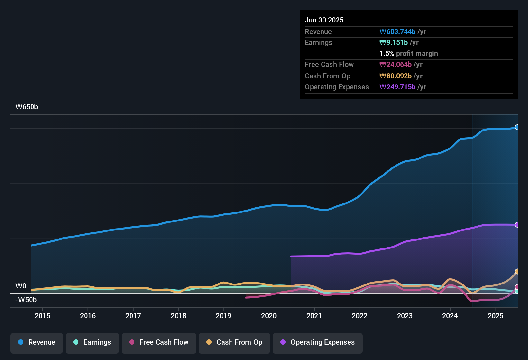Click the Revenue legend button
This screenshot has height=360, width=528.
[37, 342]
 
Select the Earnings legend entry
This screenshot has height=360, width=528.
[92, 342]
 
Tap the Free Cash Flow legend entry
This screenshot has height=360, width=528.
[159, 342]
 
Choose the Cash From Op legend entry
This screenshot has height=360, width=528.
[234, 342]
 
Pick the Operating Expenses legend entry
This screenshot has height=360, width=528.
[318, 342]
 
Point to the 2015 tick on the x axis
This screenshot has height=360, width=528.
[42, 316]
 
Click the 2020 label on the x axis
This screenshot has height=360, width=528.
[269, 316]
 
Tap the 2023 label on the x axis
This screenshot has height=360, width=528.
[405, 316]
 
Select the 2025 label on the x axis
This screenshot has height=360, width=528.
[496, 316]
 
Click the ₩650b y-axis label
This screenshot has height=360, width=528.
[27, 107]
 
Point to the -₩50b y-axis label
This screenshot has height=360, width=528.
[26, 300]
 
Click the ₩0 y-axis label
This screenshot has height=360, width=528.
[21, 286]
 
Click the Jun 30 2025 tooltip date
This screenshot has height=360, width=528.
[324, 20]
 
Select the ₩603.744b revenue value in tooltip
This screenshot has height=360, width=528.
[397, 32]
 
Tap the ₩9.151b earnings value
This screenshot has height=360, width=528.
[394, 43]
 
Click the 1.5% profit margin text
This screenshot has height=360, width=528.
[409, 54]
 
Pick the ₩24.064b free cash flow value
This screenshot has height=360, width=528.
[396, 65]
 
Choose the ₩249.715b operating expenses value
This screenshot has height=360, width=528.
[397, 87]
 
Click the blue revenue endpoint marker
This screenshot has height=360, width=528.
[517, 127]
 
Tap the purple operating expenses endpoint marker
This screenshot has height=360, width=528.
[517, 225]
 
